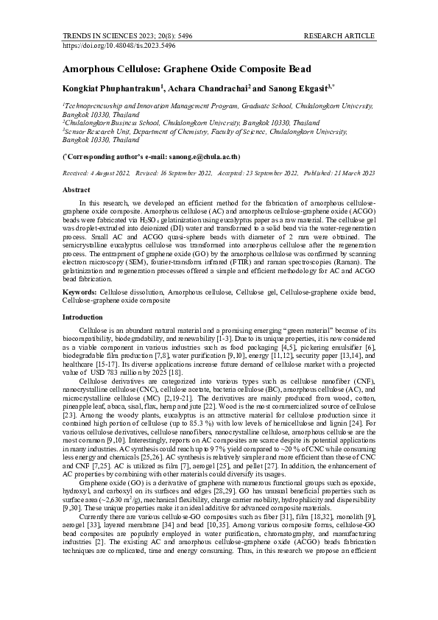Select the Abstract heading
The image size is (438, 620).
(x=77, y=189)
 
